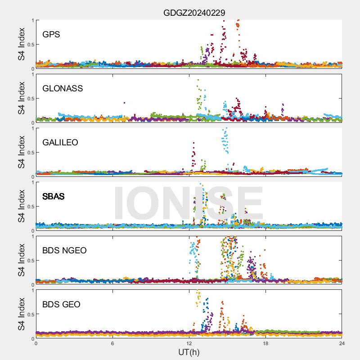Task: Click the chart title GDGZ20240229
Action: (x=194, y=13)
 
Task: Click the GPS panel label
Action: (x=51, y=34)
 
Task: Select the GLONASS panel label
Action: (x=63, y=88)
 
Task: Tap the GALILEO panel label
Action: (x=60, y=142)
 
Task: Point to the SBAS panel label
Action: (x=54, y=196)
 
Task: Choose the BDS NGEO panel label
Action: (x=64, y=250)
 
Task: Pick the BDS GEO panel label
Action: (x=61, y=304)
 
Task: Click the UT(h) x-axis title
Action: (x=189, y=351)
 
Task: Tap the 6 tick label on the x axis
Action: (x=112, y=343)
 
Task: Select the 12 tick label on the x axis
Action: (x=189, y=343)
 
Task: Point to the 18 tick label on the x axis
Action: (x=265, y=343)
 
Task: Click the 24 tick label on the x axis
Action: (x=342, y=343)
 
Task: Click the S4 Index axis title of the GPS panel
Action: (x=22, y=44)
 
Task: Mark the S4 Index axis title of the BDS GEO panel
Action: (x=22, y=314)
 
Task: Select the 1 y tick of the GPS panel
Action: (x=32, y=20)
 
